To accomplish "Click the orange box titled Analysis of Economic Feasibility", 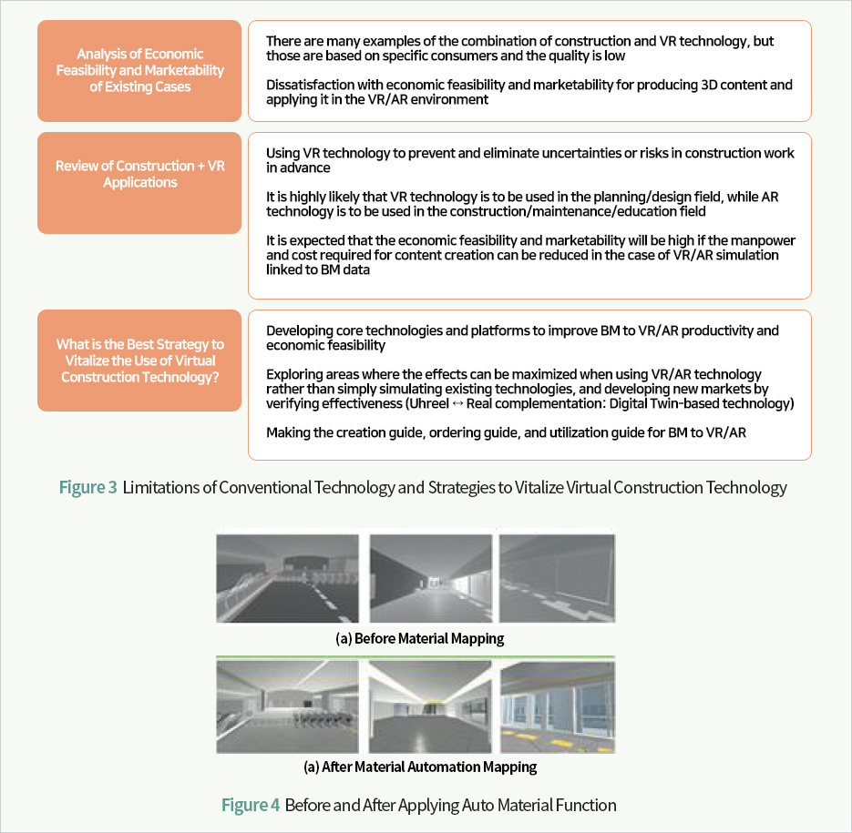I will click(139, 71).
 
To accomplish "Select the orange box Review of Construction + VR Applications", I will click(139, 182).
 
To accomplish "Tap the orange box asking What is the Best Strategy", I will click(139, 361).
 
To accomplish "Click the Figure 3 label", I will click(87, 488).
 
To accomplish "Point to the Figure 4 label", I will click(251, 806).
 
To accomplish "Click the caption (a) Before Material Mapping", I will click(419, 638).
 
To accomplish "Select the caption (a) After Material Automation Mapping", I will click(419, 767).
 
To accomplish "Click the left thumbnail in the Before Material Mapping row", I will click(291, 578).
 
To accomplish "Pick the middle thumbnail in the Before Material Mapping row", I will click(430, 578).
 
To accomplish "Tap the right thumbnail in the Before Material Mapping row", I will click(557, 578).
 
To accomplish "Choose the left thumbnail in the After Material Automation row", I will click(291, 706).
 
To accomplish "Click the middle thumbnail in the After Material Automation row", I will click(430, 706).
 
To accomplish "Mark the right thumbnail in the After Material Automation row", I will click(557, 706).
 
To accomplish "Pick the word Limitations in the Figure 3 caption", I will click(159, 488).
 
